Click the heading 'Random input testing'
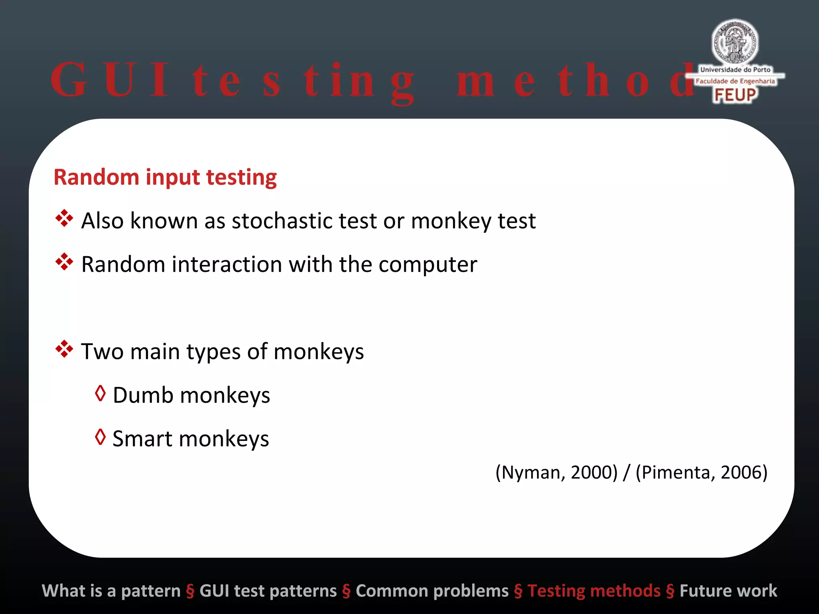pyautogui.click(x=165, y=177)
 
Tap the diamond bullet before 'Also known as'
pyautogui.click(x=64, y=219)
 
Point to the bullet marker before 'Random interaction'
pyautogui.click(x=64, y=262)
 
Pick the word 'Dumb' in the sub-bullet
pyautogui.click(x=143, y=395)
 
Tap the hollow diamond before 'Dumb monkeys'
pyautogui.click(x=100, y=394)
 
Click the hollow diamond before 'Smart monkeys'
pyautogui.click(x=100, y=437)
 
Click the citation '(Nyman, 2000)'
pyautogui.click(x=556, y=472)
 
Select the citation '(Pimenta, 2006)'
pyautogui.click(x=701, y=472)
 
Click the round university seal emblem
pyautogui.click(x=735, y=42)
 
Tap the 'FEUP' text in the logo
pyautogui.click(x=735, y=95)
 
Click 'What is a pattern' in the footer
pyautogui.click(x=111, y=591)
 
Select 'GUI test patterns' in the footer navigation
pyautogui.click(x=268, y=591)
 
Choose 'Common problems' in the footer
pyautogui.click(x=432, y=591)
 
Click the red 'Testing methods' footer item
pyautogui.click(x=594, y=591)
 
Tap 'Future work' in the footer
pyautogui.click(x=728, y=591)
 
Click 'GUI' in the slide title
pyautogui.click(x=110, y=80)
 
